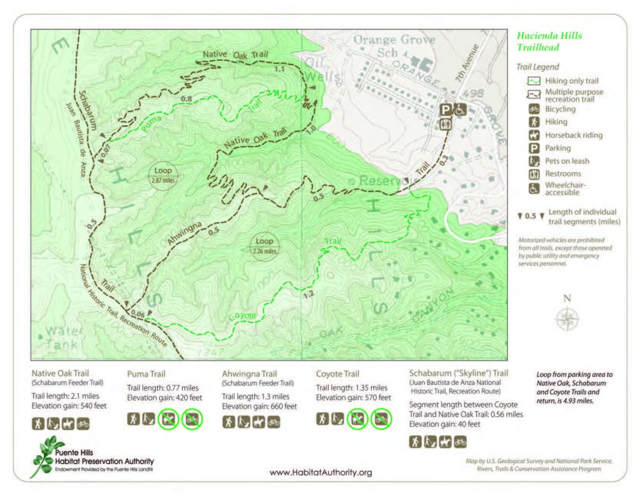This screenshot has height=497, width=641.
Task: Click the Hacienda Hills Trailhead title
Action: (x=549, y=41)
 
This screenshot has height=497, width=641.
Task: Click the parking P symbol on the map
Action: (x=446, y=109)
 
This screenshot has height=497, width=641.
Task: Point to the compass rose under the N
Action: (x=567, y=319)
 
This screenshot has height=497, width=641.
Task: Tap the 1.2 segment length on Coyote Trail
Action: (x=307, y=294)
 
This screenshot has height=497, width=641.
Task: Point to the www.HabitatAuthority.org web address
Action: (x=320, y=473)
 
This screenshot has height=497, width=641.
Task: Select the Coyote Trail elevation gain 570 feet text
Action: (x=354, y=397)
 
